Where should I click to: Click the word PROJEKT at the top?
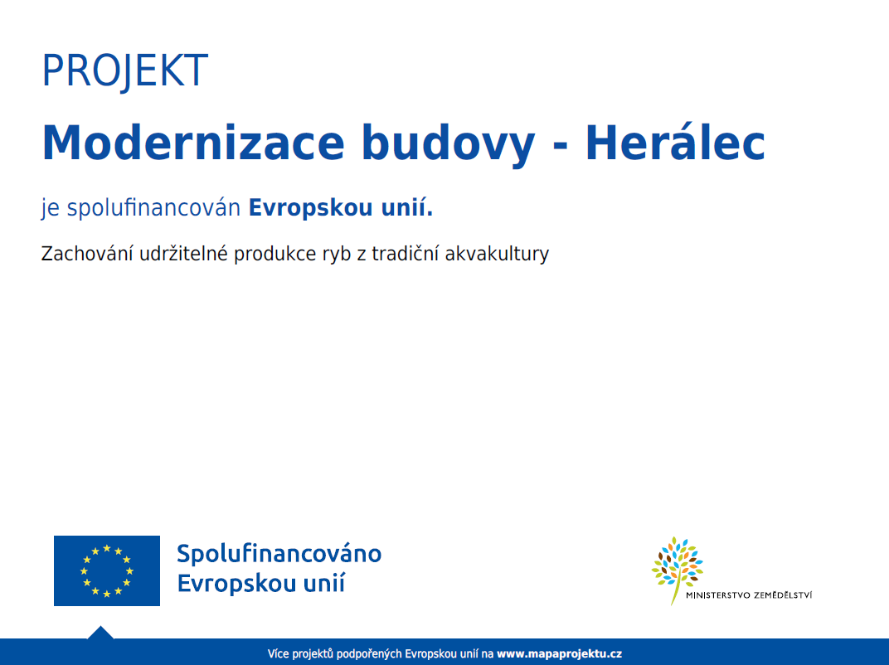[x=125, y=70]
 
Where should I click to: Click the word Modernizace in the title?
[x=193, y=143]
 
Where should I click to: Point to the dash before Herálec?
[x=560, y=147]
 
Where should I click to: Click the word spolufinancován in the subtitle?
[x=153, y=208]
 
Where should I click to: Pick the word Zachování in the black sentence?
[x=87, y=254]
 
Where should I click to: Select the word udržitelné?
[x=183, y=253]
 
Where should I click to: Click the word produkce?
[x=275, y=255]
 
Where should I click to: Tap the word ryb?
[x=337, y=255]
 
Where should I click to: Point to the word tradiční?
[x=405, y=254]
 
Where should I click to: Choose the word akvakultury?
[x=497, y=255]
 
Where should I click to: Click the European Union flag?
[x=107, y=570]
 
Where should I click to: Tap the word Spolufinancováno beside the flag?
[x=279, y=554]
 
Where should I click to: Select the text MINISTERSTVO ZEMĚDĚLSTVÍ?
[x=749, y=595]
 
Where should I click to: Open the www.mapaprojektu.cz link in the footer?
[x=559, y=653]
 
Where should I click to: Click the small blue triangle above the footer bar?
[x=100, y=633]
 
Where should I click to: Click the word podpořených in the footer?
[x=369, y=653]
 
